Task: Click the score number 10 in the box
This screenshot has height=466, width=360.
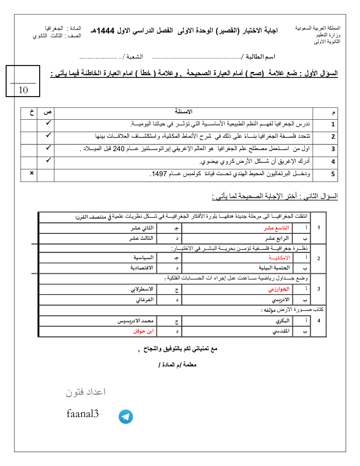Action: tap(23, 90)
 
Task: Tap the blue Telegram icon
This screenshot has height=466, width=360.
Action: tap(126, 417)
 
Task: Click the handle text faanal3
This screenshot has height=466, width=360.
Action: tap(83, 413)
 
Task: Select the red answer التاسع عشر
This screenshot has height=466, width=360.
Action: tap(277, 228)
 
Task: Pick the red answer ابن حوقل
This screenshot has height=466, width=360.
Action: tap(143, 331)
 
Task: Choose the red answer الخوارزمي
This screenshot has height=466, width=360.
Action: tap(279, 289)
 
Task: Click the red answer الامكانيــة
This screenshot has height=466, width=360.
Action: tap(279, 258)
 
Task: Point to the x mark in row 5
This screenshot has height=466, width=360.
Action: tap(32, 173)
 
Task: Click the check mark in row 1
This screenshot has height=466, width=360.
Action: tap(48, 123)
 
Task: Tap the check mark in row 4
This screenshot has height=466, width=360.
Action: tap(48, 160)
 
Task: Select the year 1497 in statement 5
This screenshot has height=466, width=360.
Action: tap(159, 174)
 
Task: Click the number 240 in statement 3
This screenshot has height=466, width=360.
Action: tap(119, 149)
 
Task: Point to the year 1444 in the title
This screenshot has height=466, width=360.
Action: tap(106, 31)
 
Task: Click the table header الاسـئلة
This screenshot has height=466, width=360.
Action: tap(184, 112)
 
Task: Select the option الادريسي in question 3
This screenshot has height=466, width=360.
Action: tap(281, 300)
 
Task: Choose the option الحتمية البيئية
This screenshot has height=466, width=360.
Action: tap(274, 268)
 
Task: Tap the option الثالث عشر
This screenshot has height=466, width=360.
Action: tap(141, 238)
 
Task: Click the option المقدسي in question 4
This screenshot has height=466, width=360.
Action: tap(281, 331)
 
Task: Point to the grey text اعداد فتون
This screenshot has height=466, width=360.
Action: tap(85, 392)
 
